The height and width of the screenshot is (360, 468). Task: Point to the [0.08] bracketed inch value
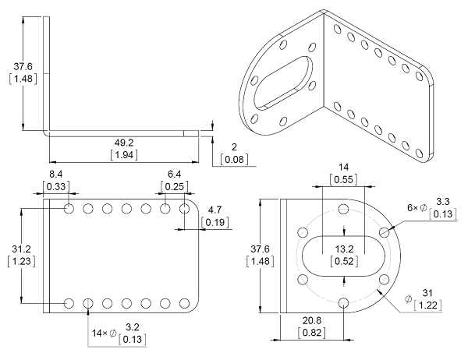234,160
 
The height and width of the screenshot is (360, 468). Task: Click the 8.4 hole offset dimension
57,175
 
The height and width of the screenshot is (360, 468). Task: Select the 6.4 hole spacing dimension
174,175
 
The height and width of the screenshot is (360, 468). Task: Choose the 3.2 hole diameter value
133,327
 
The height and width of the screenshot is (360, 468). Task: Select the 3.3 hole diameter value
442,203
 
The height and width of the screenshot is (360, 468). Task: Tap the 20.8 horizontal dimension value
312,320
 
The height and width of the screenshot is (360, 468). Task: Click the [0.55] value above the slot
343,180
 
